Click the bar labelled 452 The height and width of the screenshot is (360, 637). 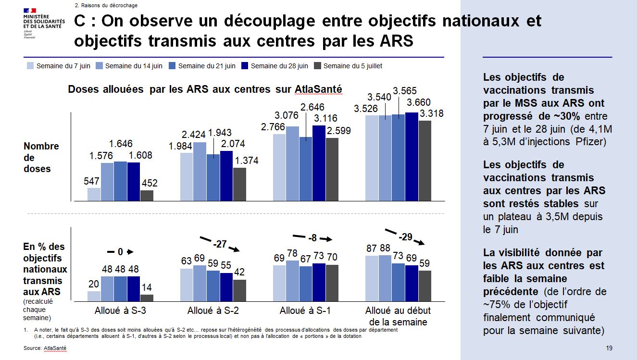point(147,196)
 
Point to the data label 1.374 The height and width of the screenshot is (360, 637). point(247,161)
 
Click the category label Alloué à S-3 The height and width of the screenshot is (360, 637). point(120,310)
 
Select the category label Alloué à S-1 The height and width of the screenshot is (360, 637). point(305,310)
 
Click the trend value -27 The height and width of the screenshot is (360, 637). point(220,244)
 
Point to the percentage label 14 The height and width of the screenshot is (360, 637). point(147,287)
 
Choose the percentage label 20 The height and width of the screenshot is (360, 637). point(94,284)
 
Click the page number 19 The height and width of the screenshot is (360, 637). point(609,348)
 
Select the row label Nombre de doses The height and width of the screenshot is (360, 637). point(41,157)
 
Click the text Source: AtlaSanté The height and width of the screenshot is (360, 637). point(45,347)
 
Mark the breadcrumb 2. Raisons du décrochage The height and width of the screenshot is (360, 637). point(106,5)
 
